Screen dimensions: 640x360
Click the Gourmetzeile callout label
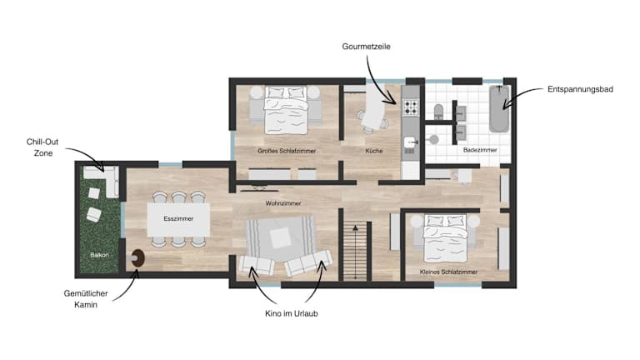coord(366,47)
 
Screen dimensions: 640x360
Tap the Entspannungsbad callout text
coord(580,89)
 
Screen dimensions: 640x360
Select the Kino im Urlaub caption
coord(292,313)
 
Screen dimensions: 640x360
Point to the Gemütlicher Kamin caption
coord(86,299)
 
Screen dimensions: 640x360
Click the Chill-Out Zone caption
coord(42,147)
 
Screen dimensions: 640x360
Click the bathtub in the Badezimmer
coord(499,109)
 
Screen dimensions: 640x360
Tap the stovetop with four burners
coord(411,107)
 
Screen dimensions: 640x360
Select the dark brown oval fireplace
coord(138,258)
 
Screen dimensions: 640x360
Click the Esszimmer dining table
coord(179,220)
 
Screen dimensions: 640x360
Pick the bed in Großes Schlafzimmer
coord(286,110)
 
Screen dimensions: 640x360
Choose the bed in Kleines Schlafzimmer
coord(445,238)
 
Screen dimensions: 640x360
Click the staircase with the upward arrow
coord(356,251)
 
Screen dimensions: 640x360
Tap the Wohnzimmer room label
coord(283,203)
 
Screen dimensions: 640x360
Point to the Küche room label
coord(374,151)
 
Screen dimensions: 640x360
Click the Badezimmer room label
coord(480,150)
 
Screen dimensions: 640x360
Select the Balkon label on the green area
coord(99,255)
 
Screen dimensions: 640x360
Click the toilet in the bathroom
coord(438,112)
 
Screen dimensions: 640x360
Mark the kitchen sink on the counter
coord(411,142)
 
